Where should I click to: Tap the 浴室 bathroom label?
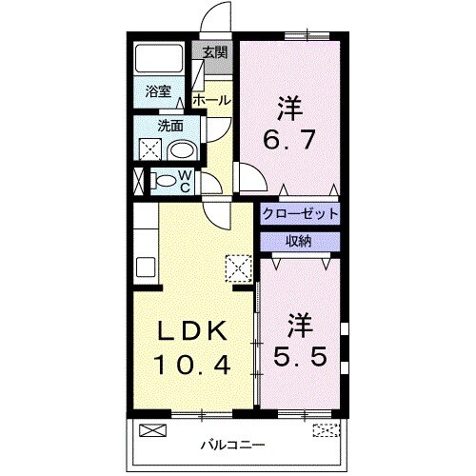click(158, 92)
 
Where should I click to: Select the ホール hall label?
click(210, 99)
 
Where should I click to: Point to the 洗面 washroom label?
click(170, 126)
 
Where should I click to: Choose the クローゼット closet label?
click(300, 214)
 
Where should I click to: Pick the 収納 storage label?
click(298, 241)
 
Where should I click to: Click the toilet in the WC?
click(164, 180)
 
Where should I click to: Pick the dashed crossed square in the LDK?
click(235, 267)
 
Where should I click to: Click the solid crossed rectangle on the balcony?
click(152, 429)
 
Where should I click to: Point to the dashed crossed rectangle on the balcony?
click(325, 429)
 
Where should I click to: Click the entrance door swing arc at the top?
click(217, 19)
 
